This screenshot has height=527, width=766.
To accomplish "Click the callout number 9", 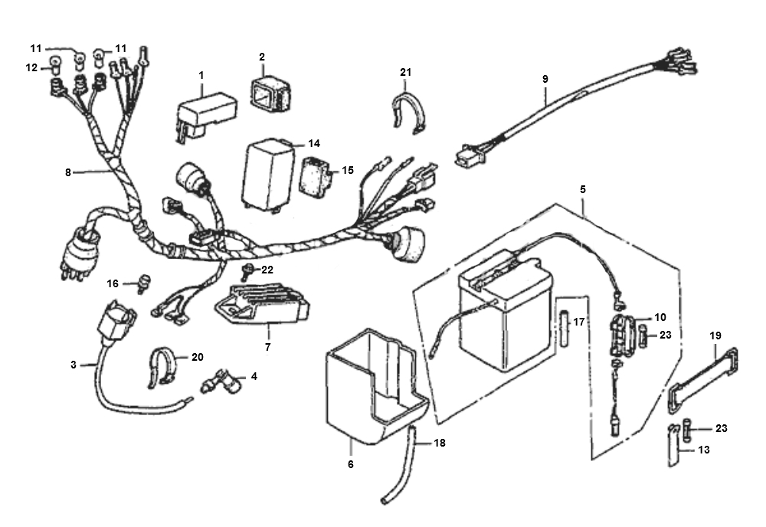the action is click(x=545, y=79).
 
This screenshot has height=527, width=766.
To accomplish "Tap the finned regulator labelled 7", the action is click(x=263, y=304).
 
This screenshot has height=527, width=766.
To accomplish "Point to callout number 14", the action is click(x=314, y=143).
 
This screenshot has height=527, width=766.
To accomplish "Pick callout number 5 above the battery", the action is click(x=583, y=189).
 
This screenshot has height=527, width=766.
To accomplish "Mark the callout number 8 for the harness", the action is click(x=68, y=172).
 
